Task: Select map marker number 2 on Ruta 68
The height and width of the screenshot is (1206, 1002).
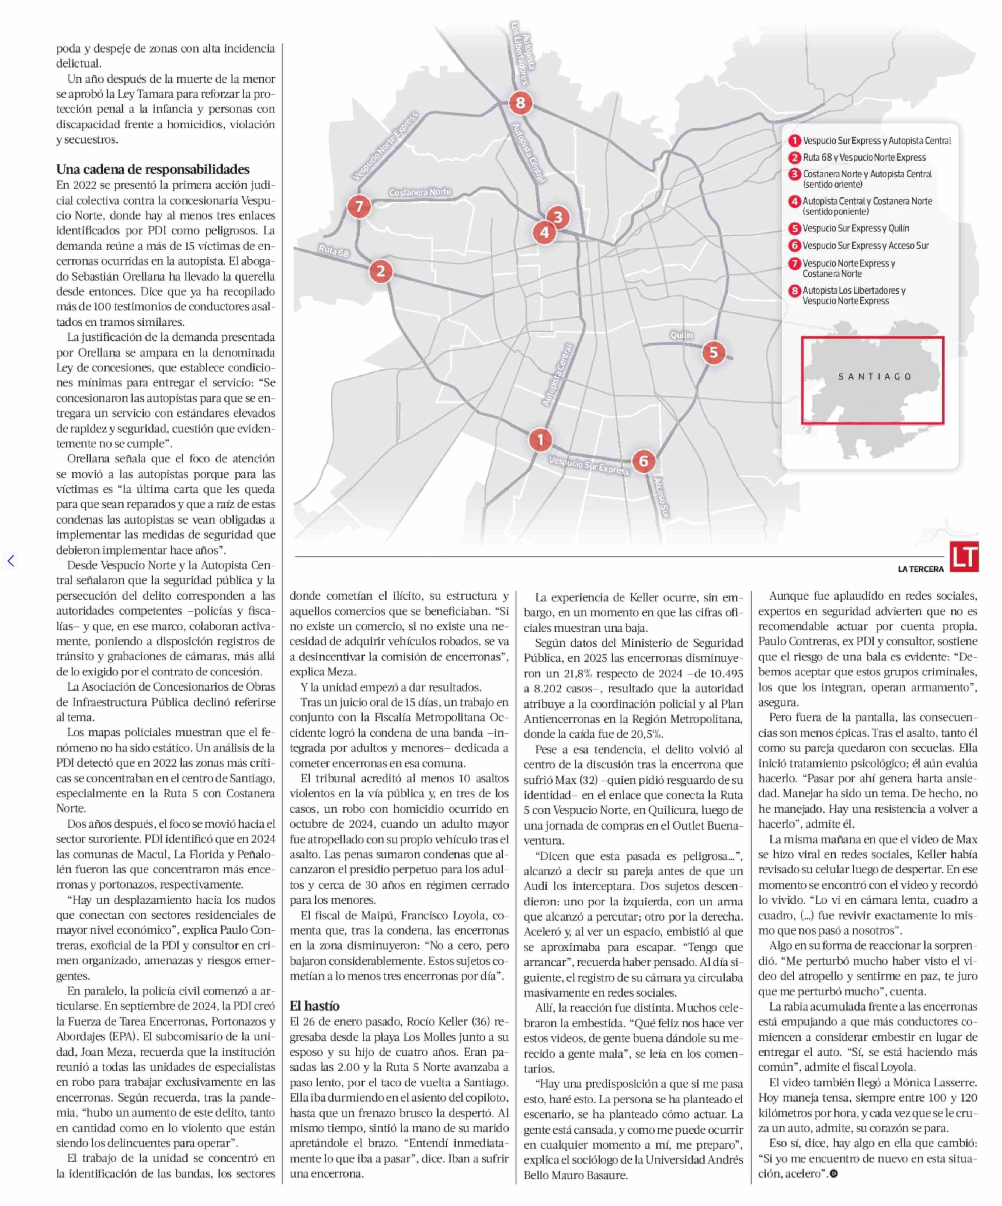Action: tap(380, 271)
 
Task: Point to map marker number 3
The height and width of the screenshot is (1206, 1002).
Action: tap(557, 217)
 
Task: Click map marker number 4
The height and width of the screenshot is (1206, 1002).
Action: tap(543, 233)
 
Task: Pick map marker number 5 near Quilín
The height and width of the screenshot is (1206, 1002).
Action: tap(713, 352)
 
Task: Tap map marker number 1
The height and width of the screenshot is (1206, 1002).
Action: tap(540, 440)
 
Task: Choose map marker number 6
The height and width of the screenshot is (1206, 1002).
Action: tap(643, 461)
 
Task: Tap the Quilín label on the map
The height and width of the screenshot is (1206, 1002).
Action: tap(681, 335)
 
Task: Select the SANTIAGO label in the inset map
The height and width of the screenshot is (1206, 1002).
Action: tap(875, 377)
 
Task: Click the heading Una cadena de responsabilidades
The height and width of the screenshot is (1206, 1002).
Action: tap(153, 169)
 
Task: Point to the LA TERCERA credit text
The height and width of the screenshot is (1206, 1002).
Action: tap(920, 569)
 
